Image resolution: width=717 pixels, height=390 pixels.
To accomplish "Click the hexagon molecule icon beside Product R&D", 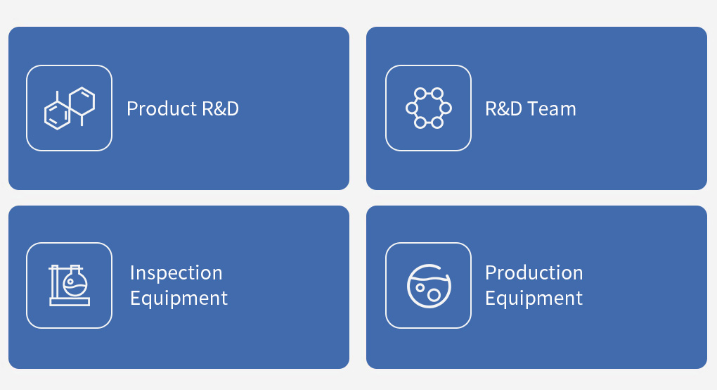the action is (70, 108).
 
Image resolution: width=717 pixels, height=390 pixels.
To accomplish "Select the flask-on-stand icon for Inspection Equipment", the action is (70, 285).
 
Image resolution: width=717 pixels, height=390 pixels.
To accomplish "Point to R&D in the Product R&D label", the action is (221, 108).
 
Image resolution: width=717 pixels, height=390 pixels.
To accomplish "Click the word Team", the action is (552, 109).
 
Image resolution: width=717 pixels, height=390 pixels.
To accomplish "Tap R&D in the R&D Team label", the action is (503, 109).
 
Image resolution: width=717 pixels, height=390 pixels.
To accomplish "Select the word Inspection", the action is (176, 273).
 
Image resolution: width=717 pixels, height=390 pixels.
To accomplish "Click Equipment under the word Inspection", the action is (179, 298).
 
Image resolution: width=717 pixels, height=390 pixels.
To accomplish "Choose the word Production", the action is (534, 273).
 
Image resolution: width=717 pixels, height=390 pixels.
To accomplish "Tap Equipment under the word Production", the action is (534, 298).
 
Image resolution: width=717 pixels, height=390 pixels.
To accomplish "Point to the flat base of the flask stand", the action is (70, 302).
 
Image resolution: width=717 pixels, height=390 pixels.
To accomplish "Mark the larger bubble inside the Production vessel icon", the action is (434, 295).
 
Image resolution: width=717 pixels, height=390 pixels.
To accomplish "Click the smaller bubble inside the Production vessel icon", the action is (420, 288).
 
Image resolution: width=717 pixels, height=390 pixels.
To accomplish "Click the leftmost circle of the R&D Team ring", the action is (411, 108).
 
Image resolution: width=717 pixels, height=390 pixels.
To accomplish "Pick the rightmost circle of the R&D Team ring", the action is (446, 108).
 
